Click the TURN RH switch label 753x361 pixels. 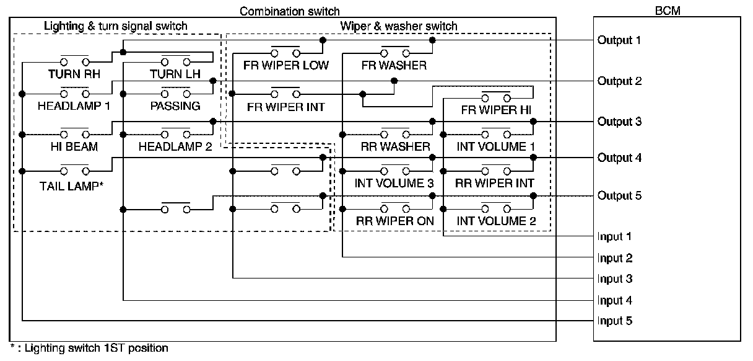point(73,74)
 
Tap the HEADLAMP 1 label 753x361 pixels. point(74,106)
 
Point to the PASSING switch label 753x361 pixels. point(175,106)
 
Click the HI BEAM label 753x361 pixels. point(73,146)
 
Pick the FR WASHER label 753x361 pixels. point(394,65)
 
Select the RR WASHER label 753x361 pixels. point(395,147)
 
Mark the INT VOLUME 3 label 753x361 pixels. point(394,184)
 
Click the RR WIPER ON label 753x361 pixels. point(395,220)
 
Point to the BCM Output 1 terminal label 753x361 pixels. point(619,40)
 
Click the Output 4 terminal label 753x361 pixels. point(619,158)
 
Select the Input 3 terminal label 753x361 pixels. point(615,279)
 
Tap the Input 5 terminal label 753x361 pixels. point(615,321)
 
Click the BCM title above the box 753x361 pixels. point(666,11)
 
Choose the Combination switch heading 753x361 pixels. point(289,11)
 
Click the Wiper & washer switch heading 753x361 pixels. point(399,26)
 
